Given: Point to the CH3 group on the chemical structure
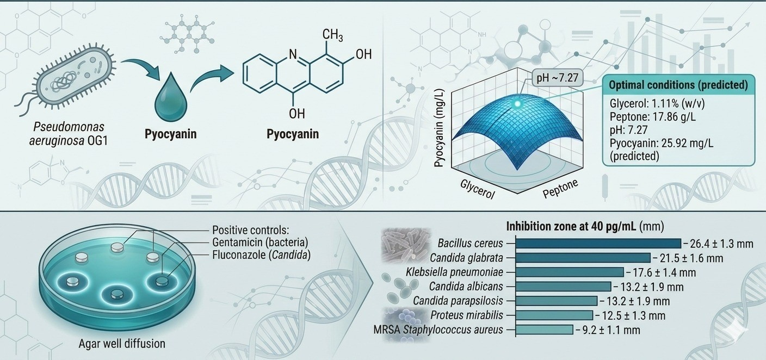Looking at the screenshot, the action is pyautogui.click(x=332, y=36).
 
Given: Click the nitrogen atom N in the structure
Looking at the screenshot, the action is pyautogui.click(x=293, y=54).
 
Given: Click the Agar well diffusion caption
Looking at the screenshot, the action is pyautogui.click(x=122, y=343).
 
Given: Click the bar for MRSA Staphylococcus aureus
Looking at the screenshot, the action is pyautogui.click(x=543, y=330).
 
